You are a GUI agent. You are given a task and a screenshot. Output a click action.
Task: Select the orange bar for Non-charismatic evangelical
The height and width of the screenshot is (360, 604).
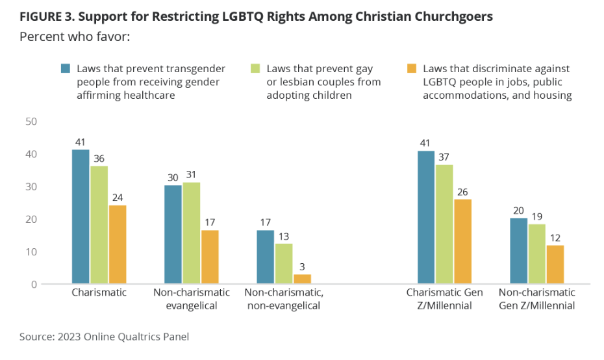[209, 257]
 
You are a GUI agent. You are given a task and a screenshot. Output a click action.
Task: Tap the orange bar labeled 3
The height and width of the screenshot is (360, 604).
[303, 279]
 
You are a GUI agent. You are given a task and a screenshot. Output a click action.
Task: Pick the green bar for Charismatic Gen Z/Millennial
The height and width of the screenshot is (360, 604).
[445, 224]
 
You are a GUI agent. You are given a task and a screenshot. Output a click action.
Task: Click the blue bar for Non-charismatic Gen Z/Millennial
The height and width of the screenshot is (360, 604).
[519, 251]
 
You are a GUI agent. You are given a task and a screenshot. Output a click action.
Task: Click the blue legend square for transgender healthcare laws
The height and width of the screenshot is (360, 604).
[66, 68]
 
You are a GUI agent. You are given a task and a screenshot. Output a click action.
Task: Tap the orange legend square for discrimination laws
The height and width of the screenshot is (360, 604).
[411, 68]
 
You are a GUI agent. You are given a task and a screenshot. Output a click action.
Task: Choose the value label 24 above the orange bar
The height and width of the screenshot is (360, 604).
[118, 197]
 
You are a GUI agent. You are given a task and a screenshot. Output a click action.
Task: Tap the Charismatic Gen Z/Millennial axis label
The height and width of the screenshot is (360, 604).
[445, 298]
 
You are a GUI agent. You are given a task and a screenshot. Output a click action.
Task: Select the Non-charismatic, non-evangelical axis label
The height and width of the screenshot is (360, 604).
[284, 298]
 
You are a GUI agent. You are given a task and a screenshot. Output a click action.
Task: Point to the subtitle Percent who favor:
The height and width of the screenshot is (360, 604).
[75, 36]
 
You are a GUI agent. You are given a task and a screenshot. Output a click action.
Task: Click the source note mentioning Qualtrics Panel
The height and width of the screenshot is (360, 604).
[105, 337]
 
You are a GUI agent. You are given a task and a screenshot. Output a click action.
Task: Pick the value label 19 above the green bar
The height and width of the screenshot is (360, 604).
[537, 216]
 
